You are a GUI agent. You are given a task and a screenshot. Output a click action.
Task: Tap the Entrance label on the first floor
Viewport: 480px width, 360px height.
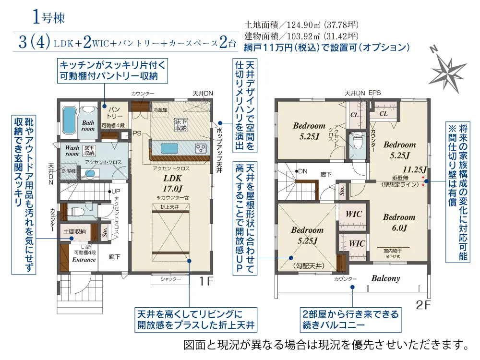[84, 260]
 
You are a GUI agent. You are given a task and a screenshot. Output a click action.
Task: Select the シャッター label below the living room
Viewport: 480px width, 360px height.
[171, 279]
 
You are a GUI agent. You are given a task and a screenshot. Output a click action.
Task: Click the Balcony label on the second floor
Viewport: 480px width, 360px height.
[385, 278]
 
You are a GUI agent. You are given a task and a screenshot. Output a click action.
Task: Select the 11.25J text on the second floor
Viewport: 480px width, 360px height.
[415, 169]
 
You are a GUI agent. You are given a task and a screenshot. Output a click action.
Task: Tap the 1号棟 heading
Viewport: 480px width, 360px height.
[48, 18]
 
